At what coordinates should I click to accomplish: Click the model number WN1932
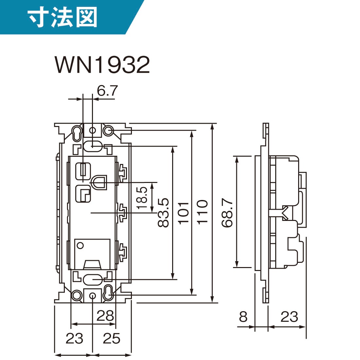103,64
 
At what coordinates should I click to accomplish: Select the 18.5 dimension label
143,198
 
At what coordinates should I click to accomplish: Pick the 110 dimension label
203,212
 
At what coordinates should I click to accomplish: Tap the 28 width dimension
105,316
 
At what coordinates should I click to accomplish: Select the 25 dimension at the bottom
112,339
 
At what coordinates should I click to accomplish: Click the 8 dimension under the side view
243,317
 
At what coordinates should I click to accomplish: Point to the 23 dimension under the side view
289,317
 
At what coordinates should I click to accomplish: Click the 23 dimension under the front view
74,339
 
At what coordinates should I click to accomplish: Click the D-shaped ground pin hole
99,182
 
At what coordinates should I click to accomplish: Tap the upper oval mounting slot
92,146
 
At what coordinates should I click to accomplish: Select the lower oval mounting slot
92,280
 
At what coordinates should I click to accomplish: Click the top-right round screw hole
108,131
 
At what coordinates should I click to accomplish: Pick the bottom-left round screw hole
77,295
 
